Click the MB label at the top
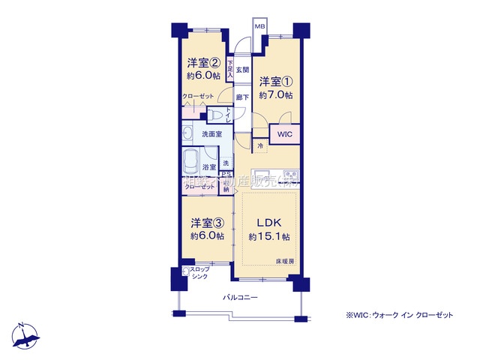coord(260,27)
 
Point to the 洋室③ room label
coord(207,222)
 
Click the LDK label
coord(269,223)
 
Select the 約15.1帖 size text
coord(270,237)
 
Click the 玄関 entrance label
coord(242,70)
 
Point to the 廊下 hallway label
coord(241,97)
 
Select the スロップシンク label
coord(199,272)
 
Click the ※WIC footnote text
coord(399,315)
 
